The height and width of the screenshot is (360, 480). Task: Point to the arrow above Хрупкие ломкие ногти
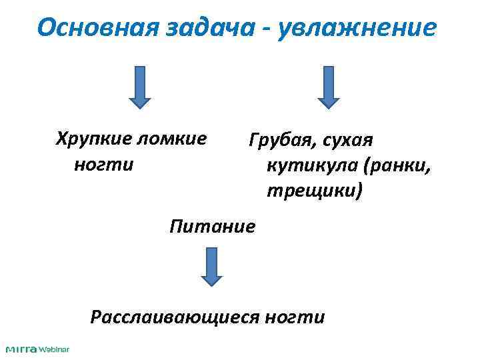point(139,86)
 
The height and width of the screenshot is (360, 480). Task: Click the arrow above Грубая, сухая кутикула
point(328,86)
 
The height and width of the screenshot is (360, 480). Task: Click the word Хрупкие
point(93,139)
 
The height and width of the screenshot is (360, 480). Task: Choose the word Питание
point(212,226)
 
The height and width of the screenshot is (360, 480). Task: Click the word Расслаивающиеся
point(174,316)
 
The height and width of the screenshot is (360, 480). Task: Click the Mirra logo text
point(22,349)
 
